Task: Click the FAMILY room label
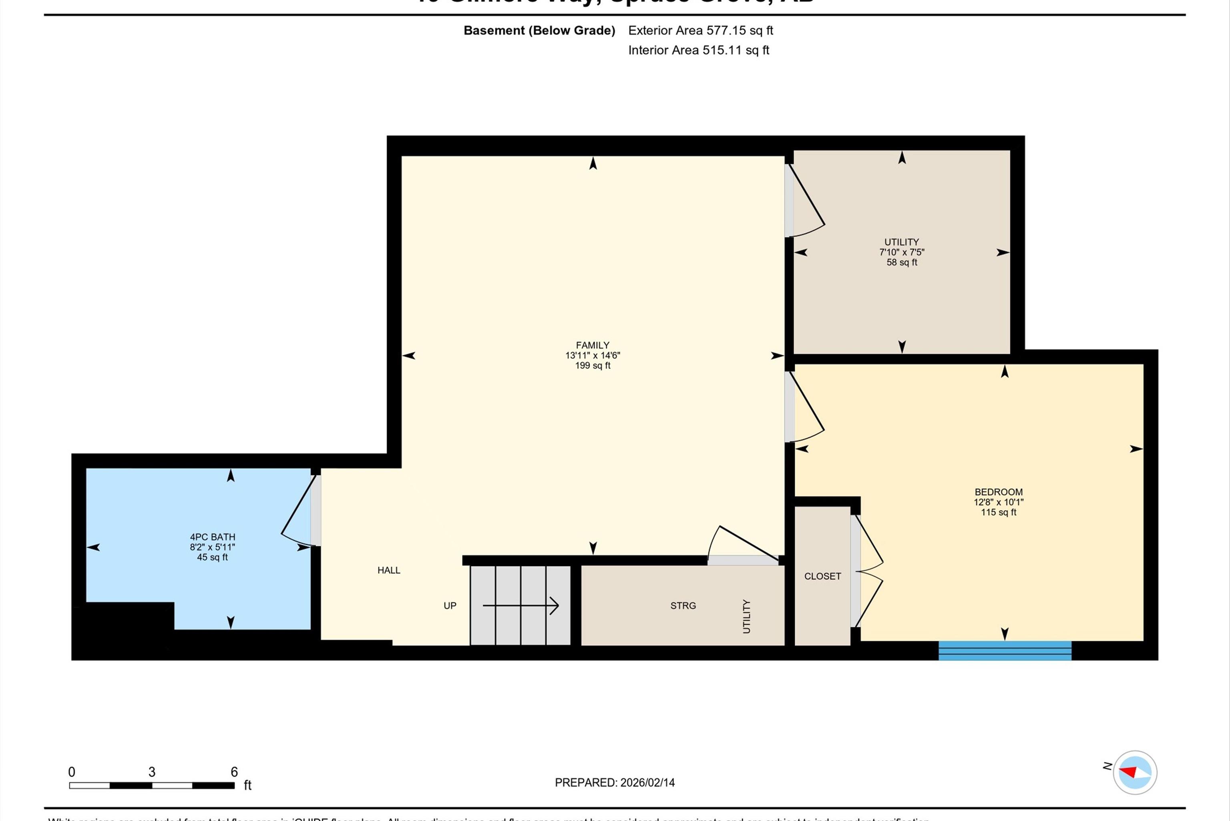593,345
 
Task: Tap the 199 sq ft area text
593,365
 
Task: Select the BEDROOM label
999,492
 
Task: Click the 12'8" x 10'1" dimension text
999,502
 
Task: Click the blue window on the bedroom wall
1005,650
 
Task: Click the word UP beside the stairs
450,605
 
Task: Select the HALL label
389,570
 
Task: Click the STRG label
683,605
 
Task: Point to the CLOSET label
822,576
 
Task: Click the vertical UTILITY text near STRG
746,616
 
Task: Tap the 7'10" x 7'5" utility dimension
902,252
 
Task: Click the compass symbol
1135,772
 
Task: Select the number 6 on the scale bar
234,772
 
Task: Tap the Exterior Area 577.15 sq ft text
700,30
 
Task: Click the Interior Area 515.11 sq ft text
698,50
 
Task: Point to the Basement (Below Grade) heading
539,30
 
